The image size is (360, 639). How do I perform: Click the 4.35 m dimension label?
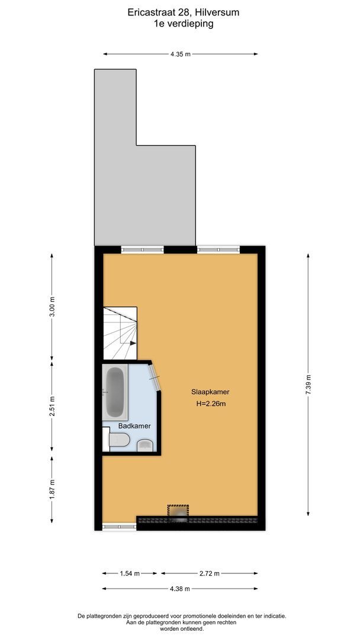pyautogui.click(x=181, y=54)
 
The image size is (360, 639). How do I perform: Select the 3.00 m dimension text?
pyautogui.click(x=52, y=306)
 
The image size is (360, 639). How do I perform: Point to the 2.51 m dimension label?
pyautogui.click(x=52, y=406)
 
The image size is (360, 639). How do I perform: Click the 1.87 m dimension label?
pyautogui.click(x=52, y=489)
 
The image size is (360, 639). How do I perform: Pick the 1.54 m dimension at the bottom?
pyautogui.click(x=130, y=573)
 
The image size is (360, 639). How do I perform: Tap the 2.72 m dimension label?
pyautogui.click(x=209, y=573)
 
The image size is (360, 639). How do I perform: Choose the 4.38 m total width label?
pyautogui.click(x=180, y=589)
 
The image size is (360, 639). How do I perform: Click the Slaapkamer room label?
pyautogui.click(x=210, y=392)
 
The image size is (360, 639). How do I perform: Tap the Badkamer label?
pyautogui.click(x=134, y=426)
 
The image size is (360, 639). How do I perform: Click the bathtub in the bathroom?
pyautogui.click(x=115, y=392)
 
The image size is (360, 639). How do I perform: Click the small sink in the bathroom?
pyautogui.click(x=144, y=445)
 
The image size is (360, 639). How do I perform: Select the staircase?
pyautogui.click(x=120, y=334)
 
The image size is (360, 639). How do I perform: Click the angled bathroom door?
pyautogui.click(x=156, y=377)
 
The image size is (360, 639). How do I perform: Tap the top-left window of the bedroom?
pyautogui.click(x=142, y=250)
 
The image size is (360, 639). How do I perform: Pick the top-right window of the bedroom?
pyautogui.click(x=218, y=250)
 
